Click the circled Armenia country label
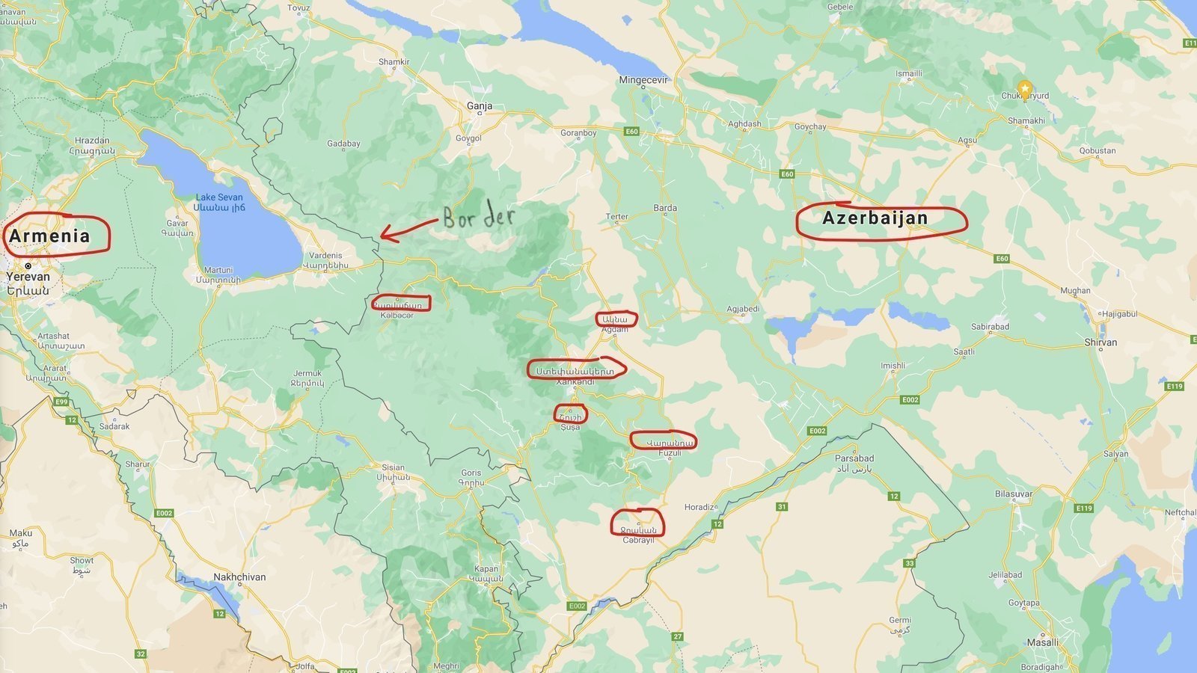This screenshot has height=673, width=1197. (50, 236)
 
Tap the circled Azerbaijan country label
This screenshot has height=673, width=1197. (875, 218)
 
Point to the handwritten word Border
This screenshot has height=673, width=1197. (479, 217)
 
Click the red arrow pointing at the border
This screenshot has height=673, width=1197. (408, 229)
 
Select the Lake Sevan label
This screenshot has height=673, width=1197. (219, 197)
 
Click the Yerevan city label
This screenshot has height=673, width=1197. (28, 277)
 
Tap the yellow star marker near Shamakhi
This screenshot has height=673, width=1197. (1025, 86)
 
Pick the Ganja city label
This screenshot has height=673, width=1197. (480, 106)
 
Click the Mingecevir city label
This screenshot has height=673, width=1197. (643, 79)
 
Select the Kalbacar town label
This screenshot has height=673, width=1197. (397, 316)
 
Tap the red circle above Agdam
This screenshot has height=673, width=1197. (616, 319)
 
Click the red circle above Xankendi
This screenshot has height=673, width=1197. (575, 369)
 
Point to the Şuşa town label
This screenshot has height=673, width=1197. (570, 428)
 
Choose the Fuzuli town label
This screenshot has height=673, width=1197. (670, 453)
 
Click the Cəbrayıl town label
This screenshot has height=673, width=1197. (638, 540)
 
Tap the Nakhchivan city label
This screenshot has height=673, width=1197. (239, 577)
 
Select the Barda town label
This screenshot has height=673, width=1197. (665, 208)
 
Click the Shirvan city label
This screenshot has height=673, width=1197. (1100, 342)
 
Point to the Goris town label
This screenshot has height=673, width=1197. (471, 473)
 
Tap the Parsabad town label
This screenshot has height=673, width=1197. (854, 458)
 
